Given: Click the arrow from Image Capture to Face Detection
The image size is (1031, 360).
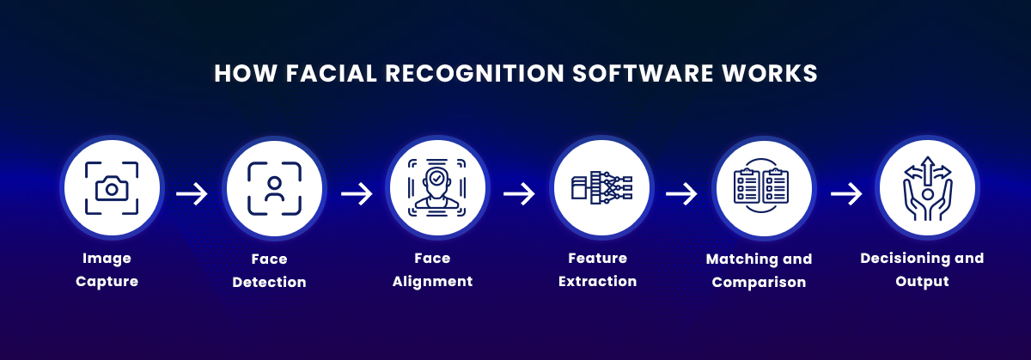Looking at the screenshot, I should [192, 194].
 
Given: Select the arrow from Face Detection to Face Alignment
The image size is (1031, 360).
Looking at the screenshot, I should [357, 194].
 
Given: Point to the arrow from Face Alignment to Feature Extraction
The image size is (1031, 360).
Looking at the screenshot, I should [518, 194].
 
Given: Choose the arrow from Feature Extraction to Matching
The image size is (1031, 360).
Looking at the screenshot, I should [681, 194].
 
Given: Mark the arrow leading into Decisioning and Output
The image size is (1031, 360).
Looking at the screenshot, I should [845, 194].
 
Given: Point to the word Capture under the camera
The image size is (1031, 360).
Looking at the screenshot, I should [107, 282].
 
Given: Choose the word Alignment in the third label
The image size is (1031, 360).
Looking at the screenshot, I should [432, 282].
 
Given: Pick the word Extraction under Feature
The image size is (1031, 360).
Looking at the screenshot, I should [597, 282].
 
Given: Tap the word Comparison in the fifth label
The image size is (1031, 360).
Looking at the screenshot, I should [759, 282].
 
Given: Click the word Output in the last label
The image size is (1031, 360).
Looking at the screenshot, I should [922, 282].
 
